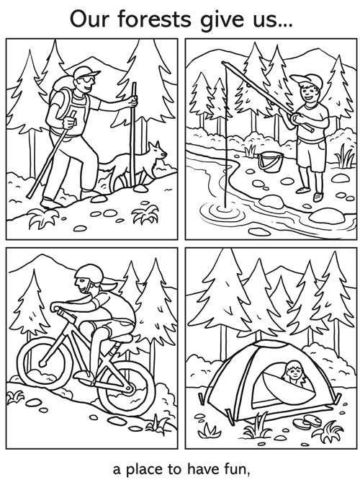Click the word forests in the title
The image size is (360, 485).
click(155, 19)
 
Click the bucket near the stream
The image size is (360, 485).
click(271, 162)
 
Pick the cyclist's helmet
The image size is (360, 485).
click(89, 273)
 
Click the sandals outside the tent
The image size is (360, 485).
click(307, 422)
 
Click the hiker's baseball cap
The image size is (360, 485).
click(86, 72)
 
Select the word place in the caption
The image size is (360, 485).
click(145, 470)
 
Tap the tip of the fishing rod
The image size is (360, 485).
click(223, 63)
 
